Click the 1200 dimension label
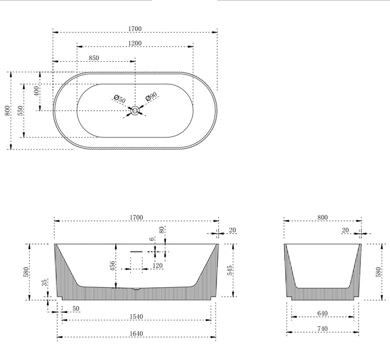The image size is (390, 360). click(x=135, y=43)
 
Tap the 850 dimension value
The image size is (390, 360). click(x=94, y=58)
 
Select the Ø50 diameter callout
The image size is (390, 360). click(x=120, y=99)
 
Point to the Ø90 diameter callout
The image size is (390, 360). click(x=151, y=96)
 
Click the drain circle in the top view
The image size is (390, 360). click(x=135, y=111)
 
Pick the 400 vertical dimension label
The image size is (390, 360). click(x=37, y=91)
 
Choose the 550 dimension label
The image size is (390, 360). click(x=20, y=111)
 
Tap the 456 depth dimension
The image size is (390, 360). click(x=112, y=266)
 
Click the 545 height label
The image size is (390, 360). click(x=230, y=270)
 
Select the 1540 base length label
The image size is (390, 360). click(x=136, y=317)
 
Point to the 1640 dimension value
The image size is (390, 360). click(x=136, y=334)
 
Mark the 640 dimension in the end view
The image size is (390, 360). click(x=322, y=313)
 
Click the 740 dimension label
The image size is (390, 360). click(x=322, y=329)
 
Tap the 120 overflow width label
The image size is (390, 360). click(x=157, y=266)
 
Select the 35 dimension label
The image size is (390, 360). click(x=44, y=283)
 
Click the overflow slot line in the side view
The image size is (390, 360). click(x=137, y=252)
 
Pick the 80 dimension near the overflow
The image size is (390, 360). click(x=162, y=230)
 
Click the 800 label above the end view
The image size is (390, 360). click(x=322, y=217)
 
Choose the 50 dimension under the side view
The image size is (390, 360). click(x=76, y=309)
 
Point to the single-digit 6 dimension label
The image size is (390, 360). click(x=152, y=239)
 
